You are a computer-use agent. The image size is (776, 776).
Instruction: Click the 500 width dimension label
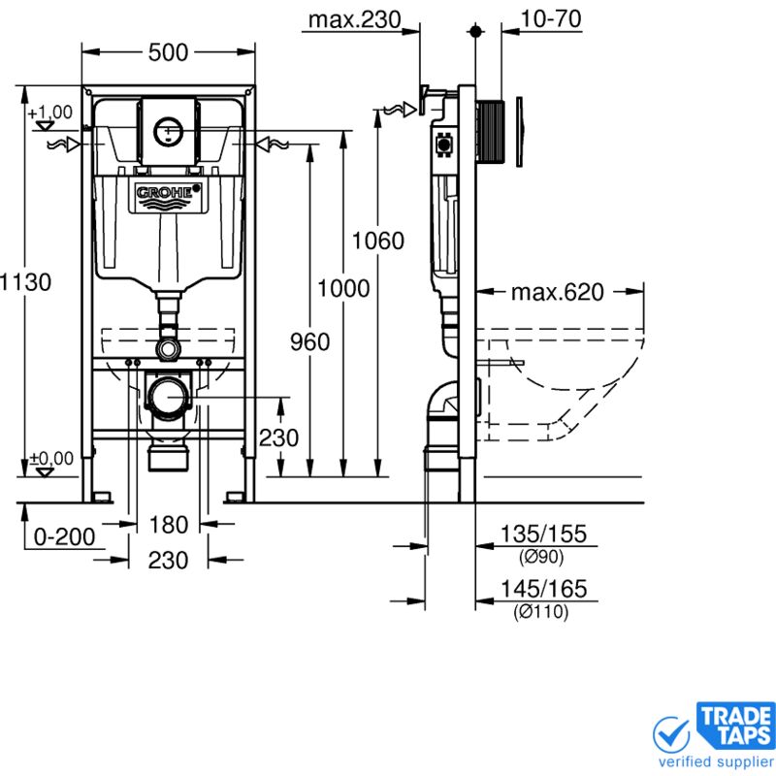(x=168, y=52)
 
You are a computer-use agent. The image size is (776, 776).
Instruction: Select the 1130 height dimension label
(x=25, y=282)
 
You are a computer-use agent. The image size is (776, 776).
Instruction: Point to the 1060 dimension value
(x=377, y=241)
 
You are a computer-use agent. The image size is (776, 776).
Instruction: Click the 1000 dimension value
(x=343, y=288)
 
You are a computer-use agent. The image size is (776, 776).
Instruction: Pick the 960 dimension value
(x=309, y=342)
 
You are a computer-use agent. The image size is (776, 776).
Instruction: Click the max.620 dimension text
(x=557, y=292)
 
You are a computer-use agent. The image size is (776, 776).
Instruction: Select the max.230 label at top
(x=354, y=19)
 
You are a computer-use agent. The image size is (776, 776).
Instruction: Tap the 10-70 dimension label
(x=551, y=18)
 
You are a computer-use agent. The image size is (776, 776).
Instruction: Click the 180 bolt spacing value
(x=168, y=525)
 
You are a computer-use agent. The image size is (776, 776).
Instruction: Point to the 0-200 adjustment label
(x=64, y=536)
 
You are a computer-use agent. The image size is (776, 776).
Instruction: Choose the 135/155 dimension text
(x=543, y=533)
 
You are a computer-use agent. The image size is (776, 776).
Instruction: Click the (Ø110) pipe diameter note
(x=541, y=612)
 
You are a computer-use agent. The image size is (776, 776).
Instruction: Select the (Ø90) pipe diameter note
(x=541, y=557)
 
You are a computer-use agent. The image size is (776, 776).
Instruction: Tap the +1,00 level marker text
(x=50, y=113)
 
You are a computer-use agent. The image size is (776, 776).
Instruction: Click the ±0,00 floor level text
(x=51, y=458)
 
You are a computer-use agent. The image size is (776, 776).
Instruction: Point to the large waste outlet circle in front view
(x=168, y=397)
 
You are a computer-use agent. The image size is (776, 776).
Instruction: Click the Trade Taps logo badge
(x=736, y=725)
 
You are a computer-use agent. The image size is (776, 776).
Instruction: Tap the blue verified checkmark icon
(x=671, y=735)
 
